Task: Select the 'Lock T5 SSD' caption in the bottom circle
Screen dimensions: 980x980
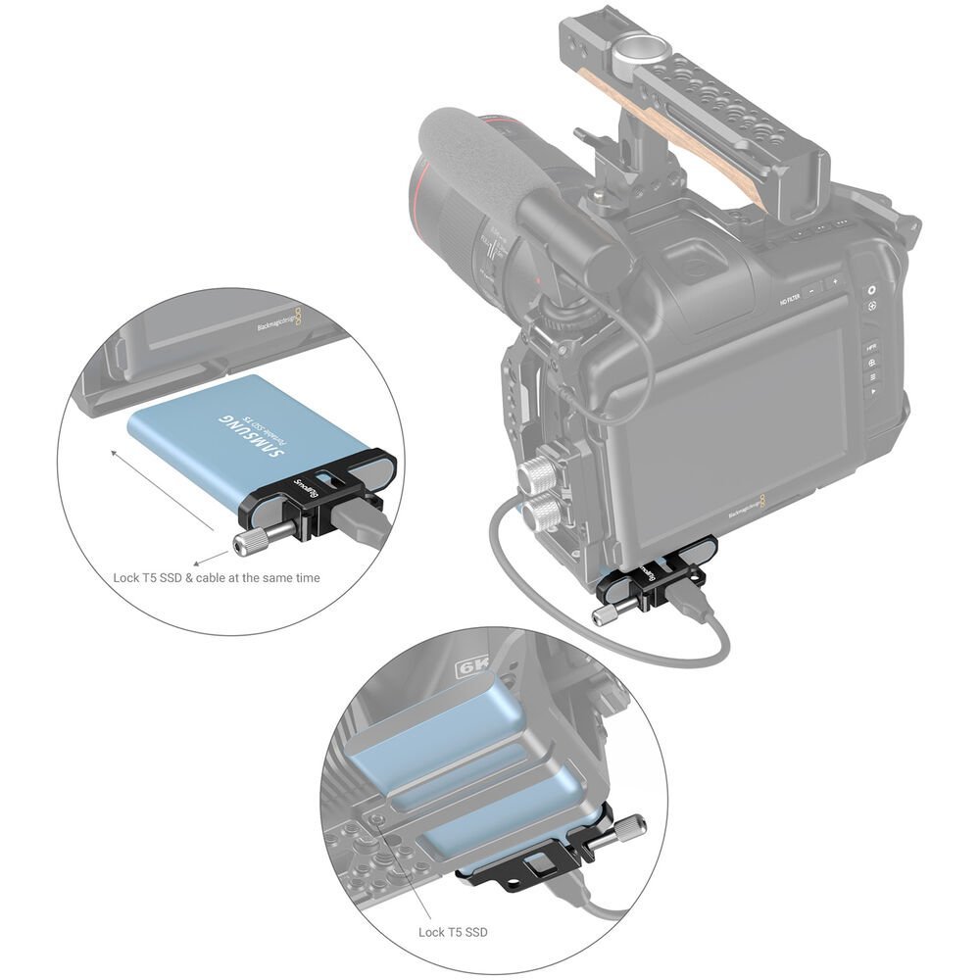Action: click(x=453, y=932)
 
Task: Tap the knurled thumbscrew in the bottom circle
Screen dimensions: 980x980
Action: click(x=625, y=830)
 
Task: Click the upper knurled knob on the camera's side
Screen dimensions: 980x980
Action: click(x=537, y=476)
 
